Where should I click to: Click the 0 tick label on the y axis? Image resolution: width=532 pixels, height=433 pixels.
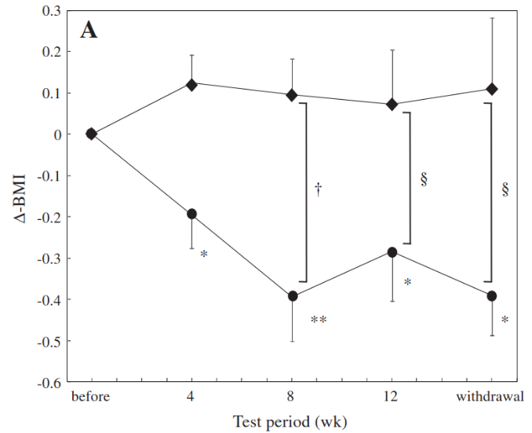pos(57,134)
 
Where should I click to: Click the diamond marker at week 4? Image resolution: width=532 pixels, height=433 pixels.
pos(191,84)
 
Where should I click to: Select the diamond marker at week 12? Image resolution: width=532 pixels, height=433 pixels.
pos(392,104)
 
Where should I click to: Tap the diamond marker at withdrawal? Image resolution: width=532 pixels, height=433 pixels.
pos(492,89)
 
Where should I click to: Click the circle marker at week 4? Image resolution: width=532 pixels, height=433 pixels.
pos(191,214)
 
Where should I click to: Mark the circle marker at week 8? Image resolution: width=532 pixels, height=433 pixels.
pos(293,296)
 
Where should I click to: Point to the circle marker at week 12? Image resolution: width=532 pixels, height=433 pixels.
pos(392,251)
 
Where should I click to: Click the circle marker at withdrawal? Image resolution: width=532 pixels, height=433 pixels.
pos(492,295)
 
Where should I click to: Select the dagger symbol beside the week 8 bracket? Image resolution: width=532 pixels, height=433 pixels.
pos(319,189)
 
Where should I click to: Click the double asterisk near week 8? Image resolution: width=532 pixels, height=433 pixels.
pos(318,321)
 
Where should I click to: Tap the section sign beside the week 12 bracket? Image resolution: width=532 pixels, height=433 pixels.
pos(424,179)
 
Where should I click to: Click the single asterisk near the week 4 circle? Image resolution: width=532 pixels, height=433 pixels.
pos(204,255)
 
